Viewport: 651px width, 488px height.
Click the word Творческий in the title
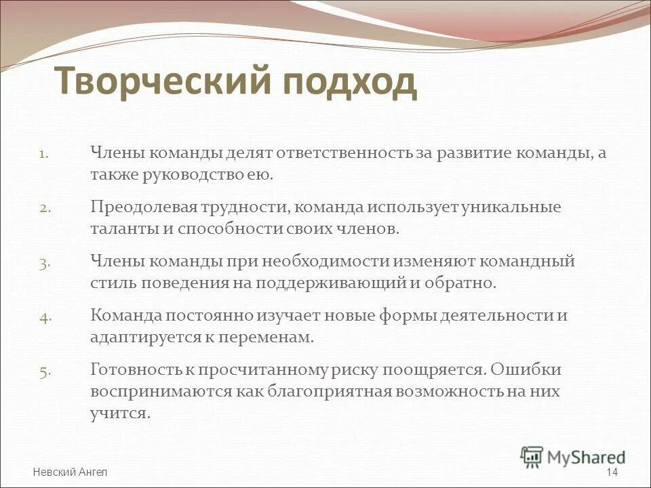[x=163, y=82]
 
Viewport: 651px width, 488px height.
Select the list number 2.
[x=44, y=208]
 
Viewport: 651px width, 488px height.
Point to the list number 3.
[x=44, y=263]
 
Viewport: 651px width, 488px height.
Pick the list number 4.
[x=44, y=317]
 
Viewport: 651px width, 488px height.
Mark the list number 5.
[x=44, y=371]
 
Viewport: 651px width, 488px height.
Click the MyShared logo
[x=573, y=457]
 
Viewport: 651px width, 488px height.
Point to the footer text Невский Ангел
[x=70, y=472]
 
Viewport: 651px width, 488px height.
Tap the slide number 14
[x=612, y=472]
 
